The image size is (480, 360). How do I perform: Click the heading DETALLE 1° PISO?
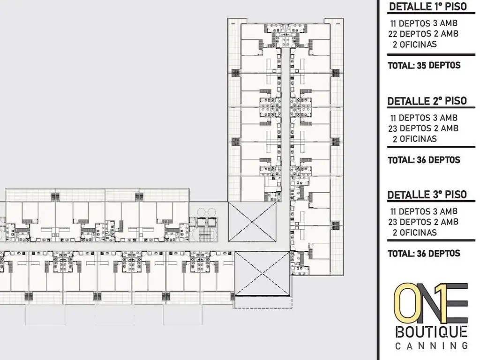point(428,7)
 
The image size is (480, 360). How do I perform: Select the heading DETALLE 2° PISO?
point(427,101)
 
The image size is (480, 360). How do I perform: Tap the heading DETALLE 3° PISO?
point(427,194)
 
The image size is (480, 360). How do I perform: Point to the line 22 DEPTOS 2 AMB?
point(423,34)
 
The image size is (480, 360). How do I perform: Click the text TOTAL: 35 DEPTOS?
point(424,66)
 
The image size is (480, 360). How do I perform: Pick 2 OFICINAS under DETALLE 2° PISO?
point(414,139)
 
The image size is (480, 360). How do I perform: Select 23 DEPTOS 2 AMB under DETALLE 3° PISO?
point(423,222)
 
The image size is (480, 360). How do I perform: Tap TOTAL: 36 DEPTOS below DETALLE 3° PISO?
point(424,254)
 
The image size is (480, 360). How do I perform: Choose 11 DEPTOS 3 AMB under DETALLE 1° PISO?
point(423,23)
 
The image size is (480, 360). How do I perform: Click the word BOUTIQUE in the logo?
point(431,332)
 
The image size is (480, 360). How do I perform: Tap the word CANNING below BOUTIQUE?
point(431,346)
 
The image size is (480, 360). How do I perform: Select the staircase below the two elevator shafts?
point(205,233)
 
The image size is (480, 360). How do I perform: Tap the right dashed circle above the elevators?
point(212,212)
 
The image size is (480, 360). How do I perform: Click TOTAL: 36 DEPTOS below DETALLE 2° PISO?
point(424,160)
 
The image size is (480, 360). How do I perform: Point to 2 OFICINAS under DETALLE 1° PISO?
point(414,45)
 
